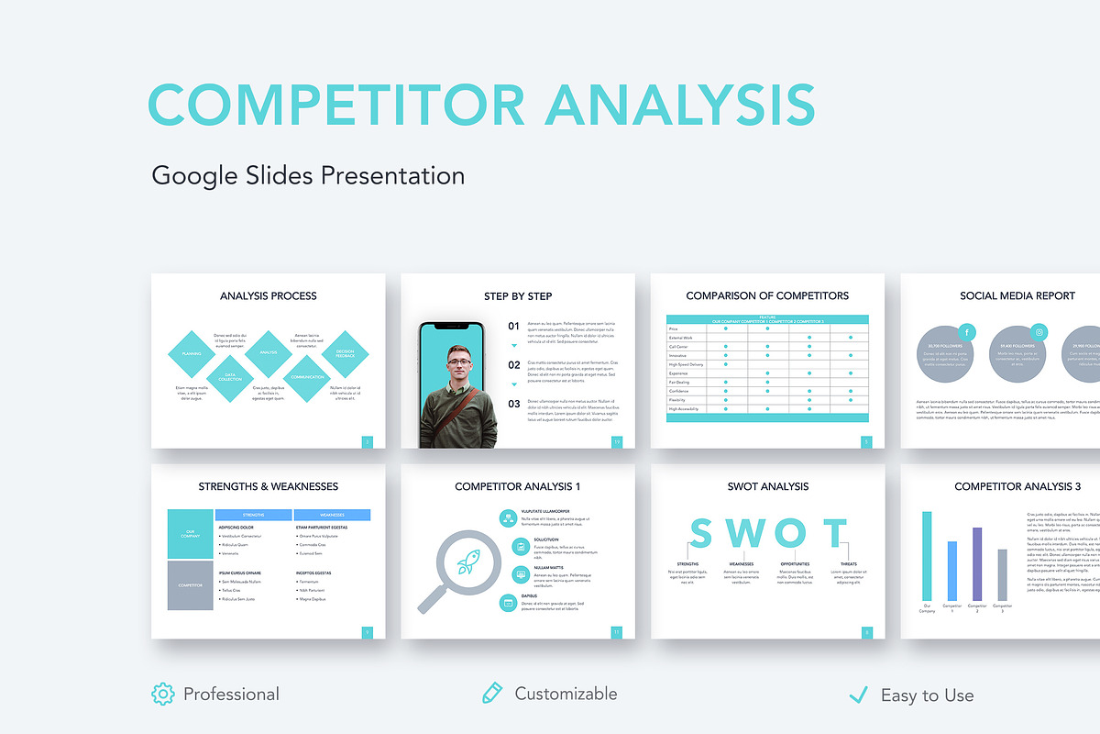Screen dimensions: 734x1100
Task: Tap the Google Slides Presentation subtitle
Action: click(308, 175)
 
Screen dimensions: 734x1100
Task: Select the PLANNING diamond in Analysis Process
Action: click(192, 353)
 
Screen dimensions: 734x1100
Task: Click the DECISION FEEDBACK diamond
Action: click(345, 353)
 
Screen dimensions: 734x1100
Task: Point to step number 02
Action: click(513, 364)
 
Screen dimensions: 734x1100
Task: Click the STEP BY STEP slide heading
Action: click(518, 296)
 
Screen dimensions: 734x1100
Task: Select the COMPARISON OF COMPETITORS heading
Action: click(767, 296)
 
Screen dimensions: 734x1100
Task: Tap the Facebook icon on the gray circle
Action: click(967, 333)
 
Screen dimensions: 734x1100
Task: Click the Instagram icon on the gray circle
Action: click(1039, 333)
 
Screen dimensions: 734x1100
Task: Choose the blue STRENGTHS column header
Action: click(253, 515)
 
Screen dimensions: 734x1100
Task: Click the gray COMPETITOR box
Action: click(191, 585)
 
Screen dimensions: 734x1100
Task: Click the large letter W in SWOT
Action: click(742, 533)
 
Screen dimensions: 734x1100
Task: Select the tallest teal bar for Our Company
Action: click(927, 556)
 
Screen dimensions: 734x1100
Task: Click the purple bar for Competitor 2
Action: click(977, 563)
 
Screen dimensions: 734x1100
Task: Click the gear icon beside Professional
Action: click(162, 694)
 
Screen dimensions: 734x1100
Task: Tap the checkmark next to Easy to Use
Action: click(859, 695)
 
